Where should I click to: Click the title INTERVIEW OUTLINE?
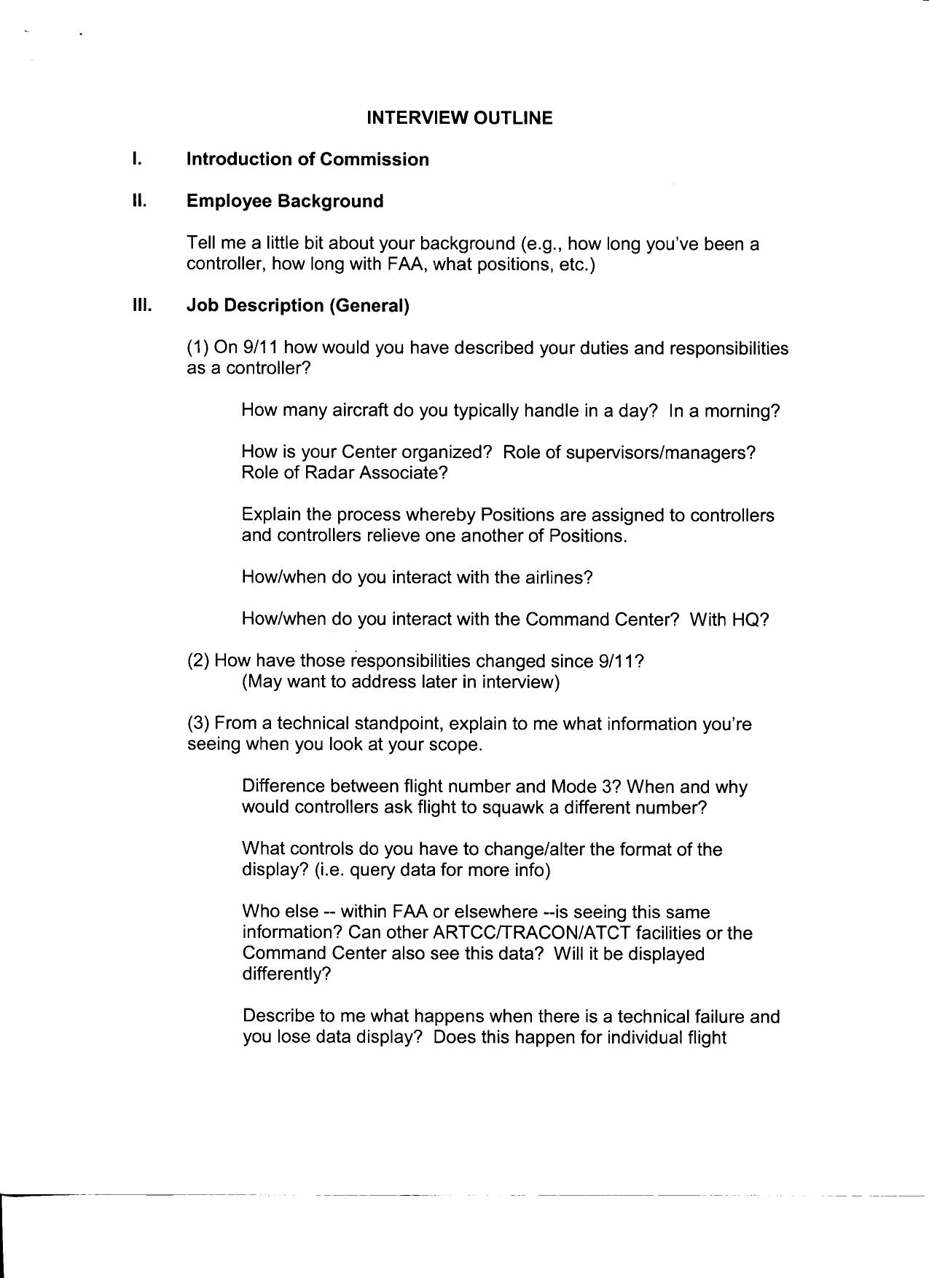coord(459,118)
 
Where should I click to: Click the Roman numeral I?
coord(136,159)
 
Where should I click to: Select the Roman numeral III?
coord(141,305)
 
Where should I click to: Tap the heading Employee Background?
coord(285,202)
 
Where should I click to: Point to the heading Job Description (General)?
coord(298,306)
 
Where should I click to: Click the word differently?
coord(286,974)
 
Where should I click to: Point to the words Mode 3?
coord(585,787)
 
